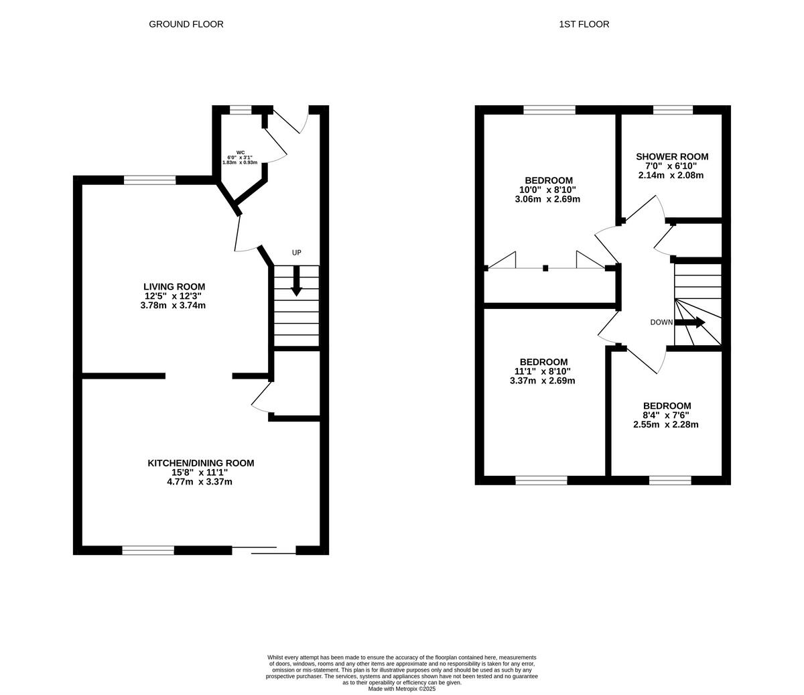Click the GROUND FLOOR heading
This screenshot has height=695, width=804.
pos(186,24)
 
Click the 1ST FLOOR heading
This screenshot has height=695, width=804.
pos(584,24)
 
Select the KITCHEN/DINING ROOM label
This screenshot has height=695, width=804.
pos(200,463)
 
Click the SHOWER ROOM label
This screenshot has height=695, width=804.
pos(671,157)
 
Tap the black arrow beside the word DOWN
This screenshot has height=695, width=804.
pos(691,322)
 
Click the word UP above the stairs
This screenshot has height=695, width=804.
pos(297,253)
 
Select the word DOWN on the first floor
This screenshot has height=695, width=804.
pos(661,322)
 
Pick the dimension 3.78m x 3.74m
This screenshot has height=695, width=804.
pos(173,306)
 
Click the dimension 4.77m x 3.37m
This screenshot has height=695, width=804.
pos(200,482)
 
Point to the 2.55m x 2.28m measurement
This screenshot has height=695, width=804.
pos(666,424)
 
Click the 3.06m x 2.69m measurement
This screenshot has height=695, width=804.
pos(547,199)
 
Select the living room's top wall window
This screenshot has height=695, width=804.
pos(149,180)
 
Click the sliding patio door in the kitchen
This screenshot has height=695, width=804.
pos(264,550)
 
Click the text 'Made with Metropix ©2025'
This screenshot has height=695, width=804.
pos(402,688)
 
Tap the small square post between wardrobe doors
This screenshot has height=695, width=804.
pos(545,269)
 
